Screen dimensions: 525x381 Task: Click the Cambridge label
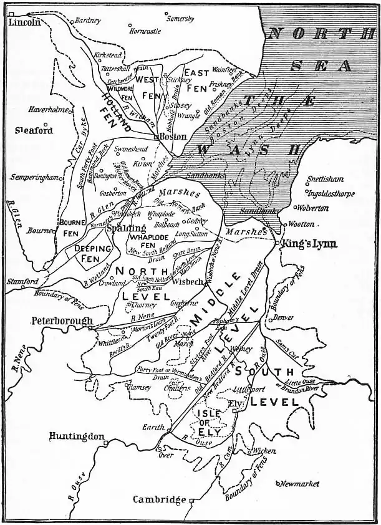click(159, 499)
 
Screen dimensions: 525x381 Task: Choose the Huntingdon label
click(77, 436)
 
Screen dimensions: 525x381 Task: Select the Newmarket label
click(300, 484)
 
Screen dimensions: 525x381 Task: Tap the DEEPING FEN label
click(92, 253)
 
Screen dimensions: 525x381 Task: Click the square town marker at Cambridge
click(191, 500)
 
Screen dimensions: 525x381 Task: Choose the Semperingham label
click(35, 177)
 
